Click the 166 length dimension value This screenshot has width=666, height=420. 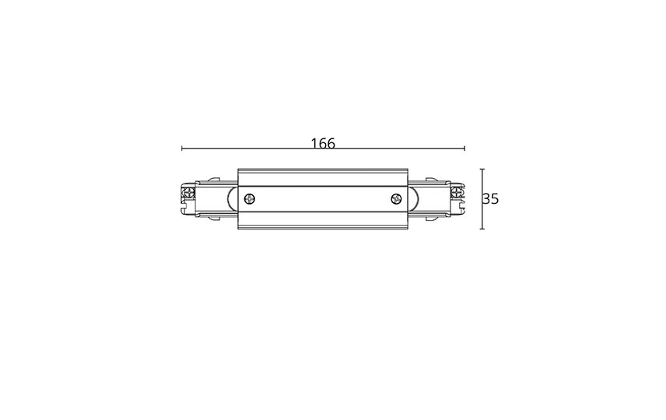323,144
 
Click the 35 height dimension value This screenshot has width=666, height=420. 491,199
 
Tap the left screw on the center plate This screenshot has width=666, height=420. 250,198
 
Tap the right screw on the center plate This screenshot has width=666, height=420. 396,198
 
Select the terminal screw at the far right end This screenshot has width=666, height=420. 457,192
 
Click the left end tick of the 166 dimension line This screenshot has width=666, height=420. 182,149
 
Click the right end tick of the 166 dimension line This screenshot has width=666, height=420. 464,149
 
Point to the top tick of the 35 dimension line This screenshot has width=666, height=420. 482,169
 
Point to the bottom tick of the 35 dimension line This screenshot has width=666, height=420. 482,229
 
